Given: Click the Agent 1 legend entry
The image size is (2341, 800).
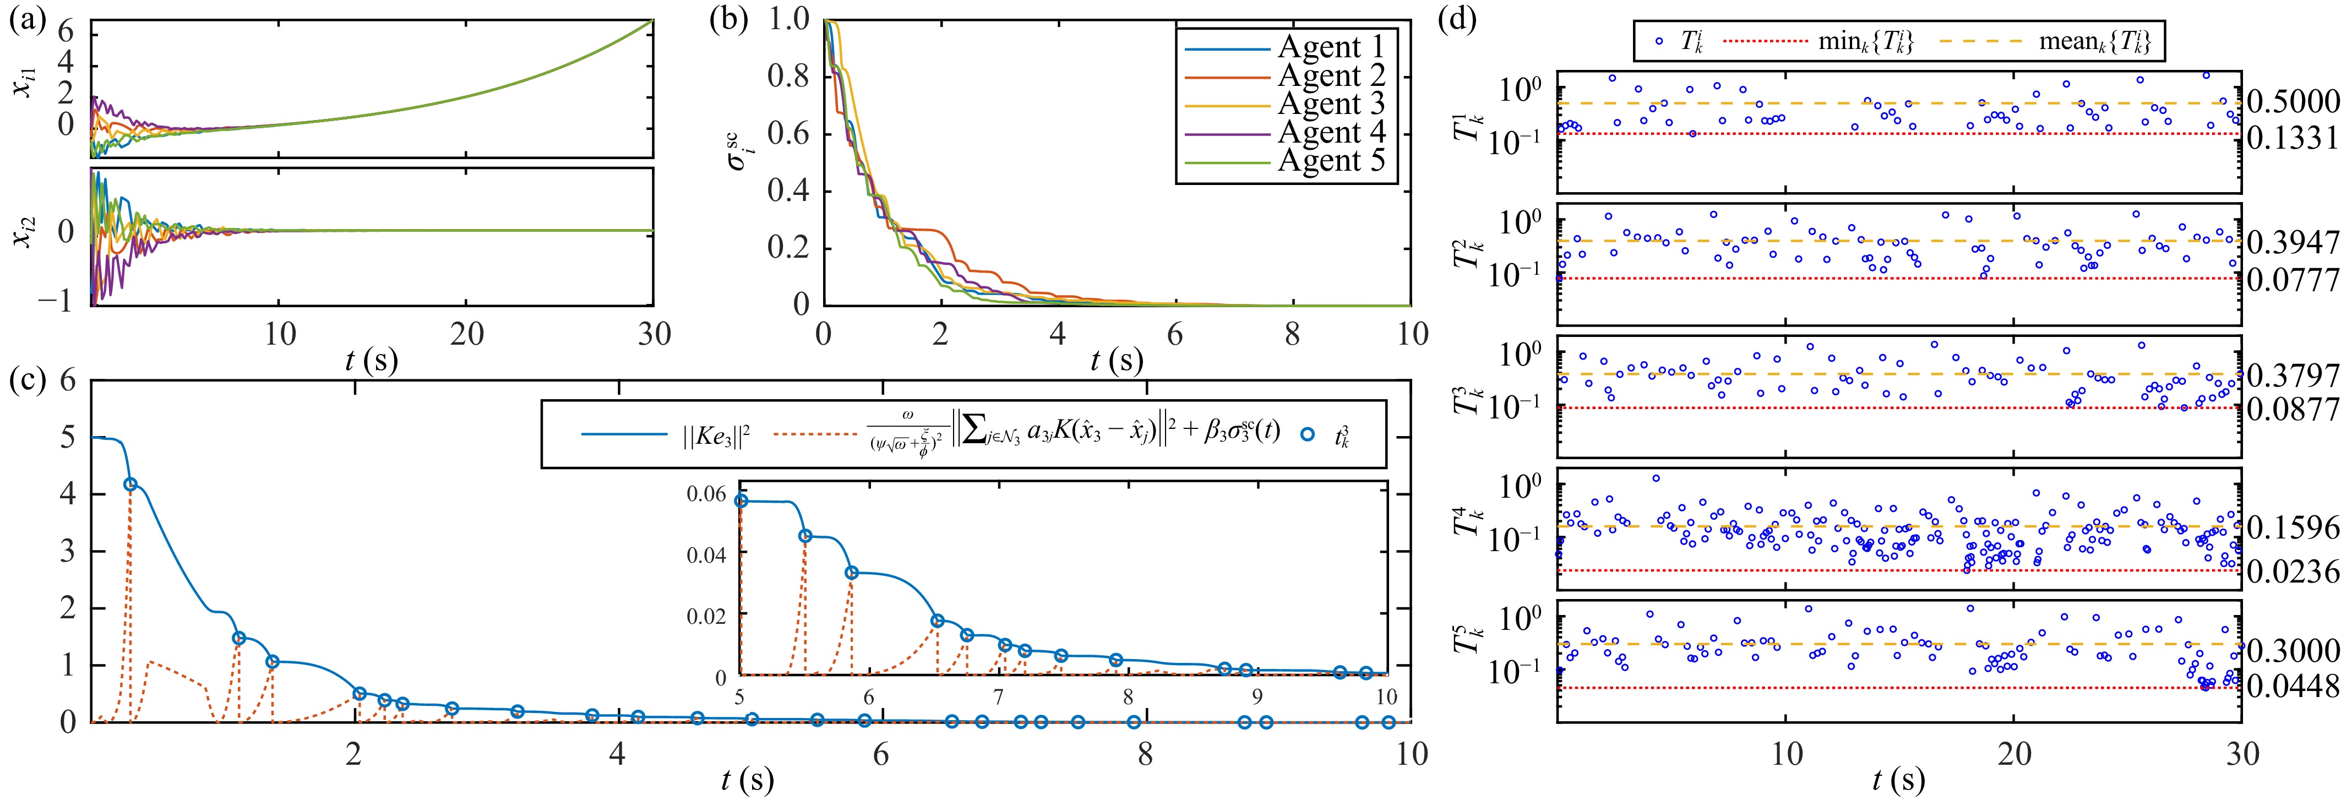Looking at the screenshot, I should point(1331,46).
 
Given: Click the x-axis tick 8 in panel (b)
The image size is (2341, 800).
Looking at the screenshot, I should point(1292,335).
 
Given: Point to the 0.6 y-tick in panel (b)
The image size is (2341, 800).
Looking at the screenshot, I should point(788,134).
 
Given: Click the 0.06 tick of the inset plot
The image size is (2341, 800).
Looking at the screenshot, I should point(706,494).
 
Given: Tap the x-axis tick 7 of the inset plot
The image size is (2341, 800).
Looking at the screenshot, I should point(998,697).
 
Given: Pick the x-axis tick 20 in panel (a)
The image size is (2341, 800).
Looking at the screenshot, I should point(466,335).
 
